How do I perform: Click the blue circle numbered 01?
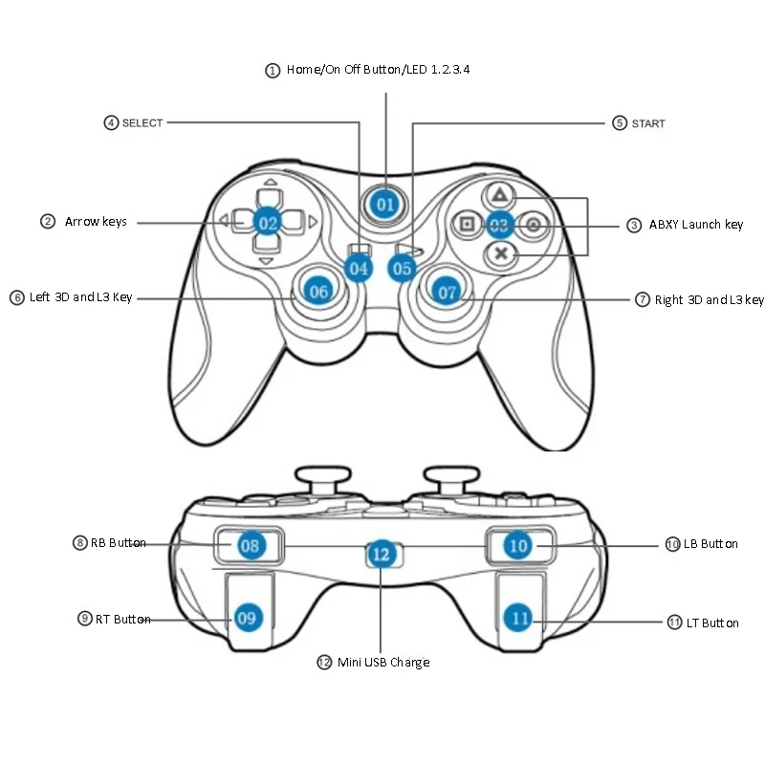click(x=384, y=204)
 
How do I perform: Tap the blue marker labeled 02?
click(x=268, y=223)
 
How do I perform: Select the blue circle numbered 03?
click(x=499, y=226)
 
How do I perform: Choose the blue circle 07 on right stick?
click(x=448, y=293)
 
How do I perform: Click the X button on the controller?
click(x=499, y=254)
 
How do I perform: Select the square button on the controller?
click(x=468, y=226)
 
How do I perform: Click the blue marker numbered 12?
click(x=382, y=553)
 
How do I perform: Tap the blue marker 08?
click(x=250, y=546)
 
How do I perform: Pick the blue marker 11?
click(x=520, y=619)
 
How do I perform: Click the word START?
click(x=648, y=123)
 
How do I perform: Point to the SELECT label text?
click(x=142, y=122)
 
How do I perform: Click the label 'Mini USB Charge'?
click(x=383, y=662)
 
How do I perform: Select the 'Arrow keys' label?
click(x=96, y=222)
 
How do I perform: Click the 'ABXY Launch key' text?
click(x=696, y=225)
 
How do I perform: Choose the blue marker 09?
click(x=248, y=618)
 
